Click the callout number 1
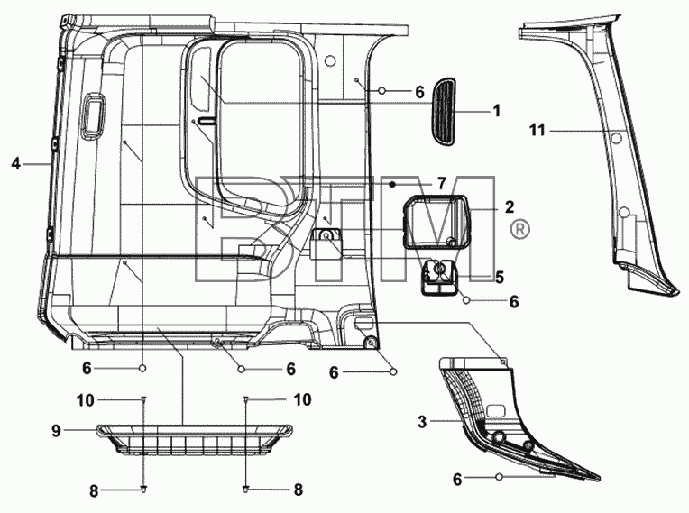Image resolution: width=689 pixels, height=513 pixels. point(497,111)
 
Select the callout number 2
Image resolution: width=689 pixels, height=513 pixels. point(510,206)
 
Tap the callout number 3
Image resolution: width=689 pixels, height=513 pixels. point(422,422)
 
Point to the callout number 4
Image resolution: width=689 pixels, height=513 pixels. point(16,164)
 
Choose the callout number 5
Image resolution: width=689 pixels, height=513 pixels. point(500,277)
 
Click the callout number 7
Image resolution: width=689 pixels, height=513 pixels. point(441,183)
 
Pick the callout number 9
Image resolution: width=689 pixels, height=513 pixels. point(56,431)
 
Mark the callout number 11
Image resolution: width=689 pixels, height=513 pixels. point(537,130)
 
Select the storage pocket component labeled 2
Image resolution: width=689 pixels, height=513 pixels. point(436,223)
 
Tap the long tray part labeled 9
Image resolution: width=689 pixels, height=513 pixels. point(194,440)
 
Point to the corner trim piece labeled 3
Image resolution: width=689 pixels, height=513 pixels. point(505,422)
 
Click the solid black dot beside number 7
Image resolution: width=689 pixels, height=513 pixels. point(392,184)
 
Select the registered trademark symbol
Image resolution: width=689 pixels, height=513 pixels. point(519,229)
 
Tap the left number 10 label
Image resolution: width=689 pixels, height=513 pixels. point(86,400)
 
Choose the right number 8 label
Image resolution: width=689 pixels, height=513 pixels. point(299,490)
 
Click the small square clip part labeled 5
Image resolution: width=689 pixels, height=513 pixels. point(439,277)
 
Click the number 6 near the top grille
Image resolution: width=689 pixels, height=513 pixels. point(419,92)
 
